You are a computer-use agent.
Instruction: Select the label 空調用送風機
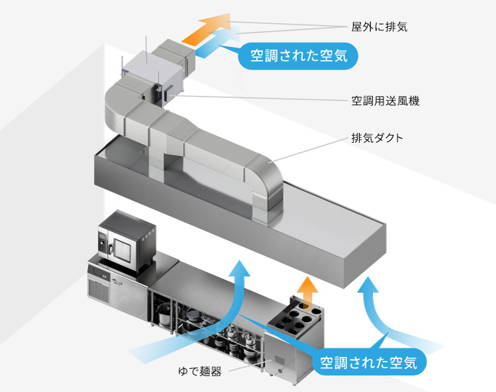click(386, 101)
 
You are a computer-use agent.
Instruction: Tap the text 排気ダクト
click(377, 139)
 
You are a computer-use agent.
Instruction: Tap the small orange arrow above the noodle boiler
click(306, 288)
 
